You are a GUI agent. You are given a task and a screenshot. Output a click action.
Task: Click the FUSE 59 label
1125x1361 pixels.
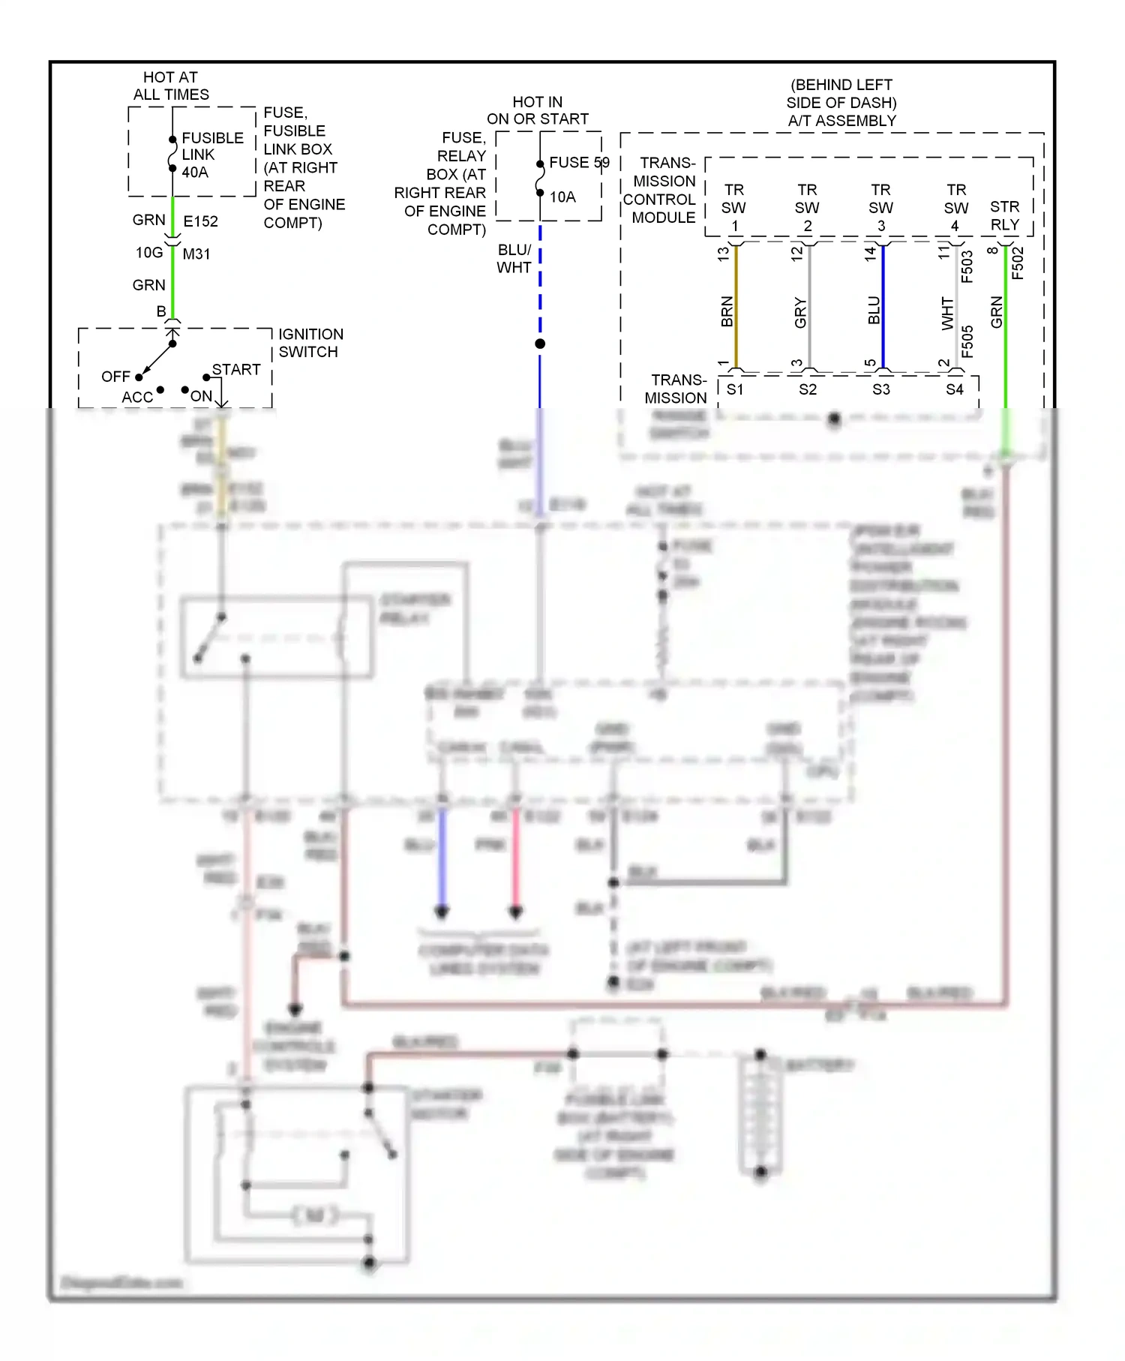tap(579, 163)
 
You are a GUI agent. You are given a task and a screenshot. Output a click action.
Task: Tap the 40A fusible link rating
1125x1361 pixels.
tap(195, 173)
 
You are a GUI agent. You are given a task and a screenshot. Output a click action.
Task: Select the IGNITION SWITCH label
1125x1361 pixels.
tap(310, 343)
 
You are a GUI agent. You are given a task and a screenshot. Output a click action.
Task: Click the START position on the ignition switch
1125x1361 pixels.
tap(235, 370)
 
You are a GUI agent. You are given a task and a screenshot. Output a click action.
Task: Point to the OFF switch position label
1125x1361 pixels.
tap(115, 377)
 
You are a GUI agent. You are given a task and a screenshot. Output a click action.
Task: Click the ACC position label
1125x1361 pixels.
tap(137, 397)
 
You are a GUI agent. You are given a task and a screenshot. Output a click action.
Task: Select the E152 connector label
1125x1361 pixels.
tap(200, 221)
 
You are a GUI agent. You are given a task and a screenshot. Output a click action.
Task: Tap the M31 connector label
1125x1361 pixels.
tap(196, 254)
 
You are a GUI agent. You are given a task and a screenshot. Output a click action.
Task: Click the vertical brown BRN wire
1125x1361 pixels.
tap(736, 308)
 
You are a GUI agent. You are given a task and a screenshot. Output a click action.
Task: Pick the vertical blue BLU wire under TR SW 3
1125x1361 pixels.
tap(883, 308)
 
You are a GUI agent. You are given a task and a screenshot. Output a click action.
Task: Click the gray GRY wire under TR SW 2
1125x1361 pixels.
tap(809, 308)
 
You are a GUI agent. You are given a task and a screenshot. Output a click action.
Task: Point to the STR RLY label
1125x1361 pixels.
tap(1004, 215)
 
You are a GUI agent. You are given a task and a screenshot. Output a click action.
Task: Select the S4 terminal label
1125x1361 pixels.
tap(954, 389)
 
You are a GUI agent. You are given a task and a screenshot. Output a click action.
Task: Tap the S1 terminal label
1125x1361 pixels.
tap(735, 389)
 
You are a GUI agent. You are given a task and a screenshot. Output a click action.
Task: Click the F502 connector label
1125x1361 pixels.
tap(1018, 263)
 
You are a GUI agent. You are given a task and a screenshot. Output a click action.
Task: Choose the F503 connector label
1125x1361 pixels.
tap(967, 266)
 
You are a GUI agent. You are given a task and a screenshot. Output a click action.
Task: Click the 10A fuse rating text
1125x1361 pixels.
tap(562, 197)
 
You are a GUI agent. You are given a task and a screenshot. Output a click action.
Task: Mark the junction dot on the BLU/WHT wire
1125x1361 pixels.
tap(540, 344)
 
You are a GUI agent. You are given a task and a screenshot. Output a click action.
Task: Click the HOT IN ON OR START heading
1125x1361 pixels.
tap(538, 110)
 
